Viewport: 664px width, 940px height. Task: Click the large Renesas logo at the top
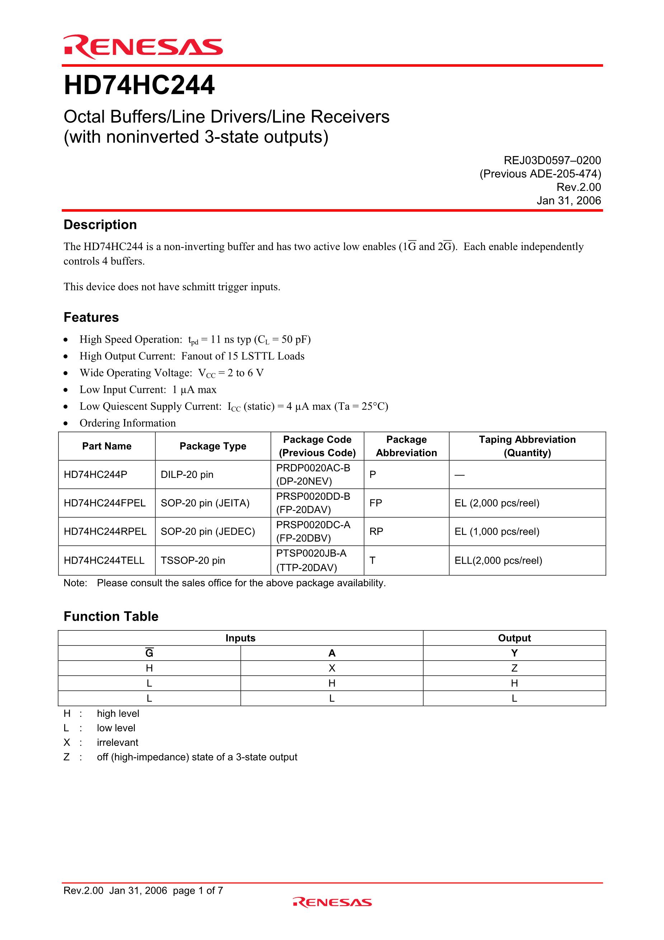(x=143, y=47)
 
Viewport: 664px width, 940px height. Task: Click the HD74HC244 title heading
(x=139, y=85)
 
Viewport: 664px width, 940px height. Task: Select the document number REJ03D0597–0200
(x=552, y=160)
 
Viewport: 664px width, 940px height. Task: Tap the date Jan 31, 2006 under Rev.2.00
(x=569, y=201)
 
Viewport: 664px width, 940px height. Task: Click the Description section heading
(x=100, y=225)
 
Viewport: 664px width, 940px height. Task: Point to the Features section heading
(x=91, y=317)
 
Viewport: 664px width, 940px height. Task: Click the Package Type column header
(x=213, y=446)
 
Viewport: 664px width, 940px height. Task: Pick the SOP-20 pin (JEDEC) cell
(x=208, y=531)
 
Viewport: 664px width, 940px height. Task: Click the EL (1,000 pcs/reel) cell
(x=497, y=531)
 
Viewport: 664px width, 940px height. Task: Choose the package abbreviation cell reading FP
(x=376, y=503)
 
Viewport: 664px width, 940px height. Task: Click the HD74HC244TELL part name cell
(x=104, y=560)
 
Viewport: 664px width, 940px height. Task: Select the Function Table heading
(x=111, y=617)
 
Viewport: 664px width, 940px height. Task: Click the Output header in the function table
(x=514, y=638)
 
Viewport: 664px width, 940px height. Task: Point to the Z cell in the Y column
(x=514, y=668)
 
